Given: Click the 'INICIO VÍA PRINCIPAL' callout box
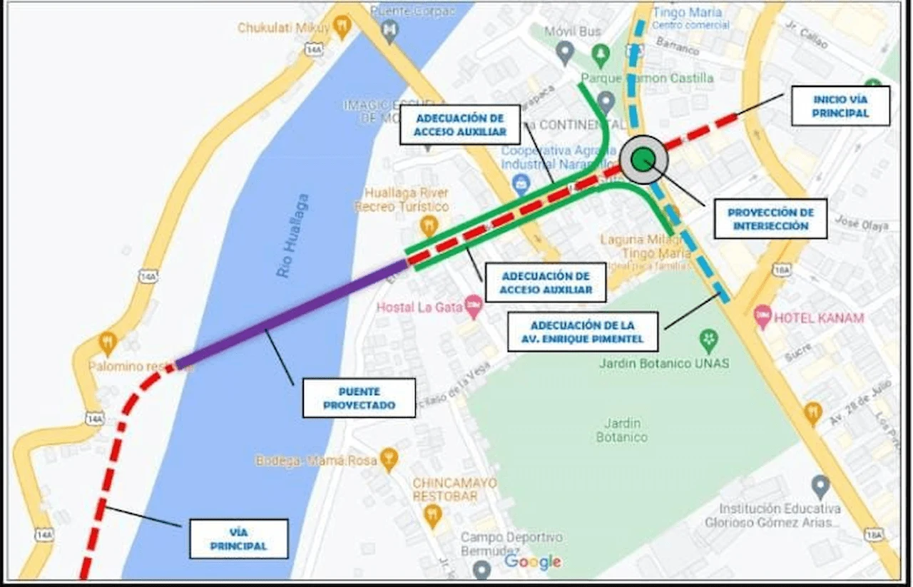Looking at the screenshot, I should point(840,106).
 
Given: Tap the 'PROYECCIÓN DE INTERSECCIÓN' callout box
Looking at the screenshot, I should point(770,219).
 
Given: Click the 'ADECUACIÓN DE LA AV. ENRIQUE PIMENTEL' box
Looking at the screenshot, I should point(582,332).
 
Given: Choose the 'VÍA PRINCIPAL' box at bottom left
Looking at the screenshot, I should point(238,538).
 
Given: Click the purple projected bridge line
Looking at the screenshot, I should point(292,313).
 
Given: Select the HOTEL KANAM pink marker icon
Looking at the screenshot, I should point(762,314).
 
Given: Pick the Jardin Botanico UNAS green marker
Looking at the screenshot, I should point(708,340).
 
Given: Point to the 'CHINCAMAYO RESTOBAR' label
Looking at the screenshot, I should point(454,489).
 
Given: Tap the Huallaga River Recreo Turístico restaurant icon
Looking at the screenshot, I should point(428,226).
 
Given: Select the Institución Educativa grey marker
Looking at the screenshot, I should point(820,486).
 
